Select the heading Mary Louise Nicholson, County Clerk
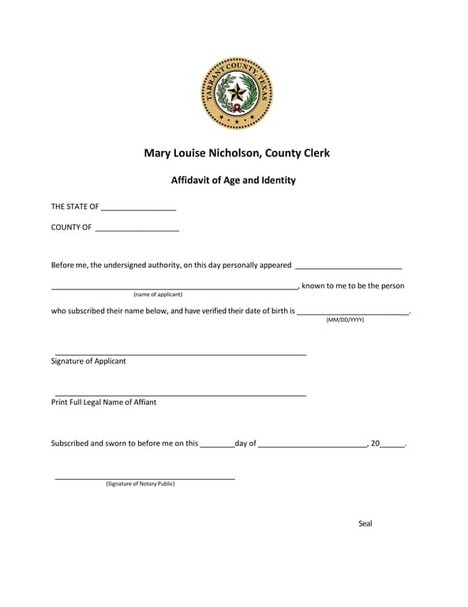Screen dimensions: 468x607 [x=237, y=153]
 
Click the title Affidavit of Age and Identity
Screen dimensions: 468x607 [x=234, y=180]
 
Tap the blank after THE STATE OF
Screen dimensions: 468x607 [x=138, y=209]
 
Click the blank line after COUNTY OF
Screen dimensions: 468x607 [x=137, y=229]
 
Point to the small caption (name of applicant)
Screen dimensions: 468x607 [x=158, y=294]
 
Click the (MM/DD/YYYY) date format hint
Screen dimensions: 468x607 [x=345, y=319]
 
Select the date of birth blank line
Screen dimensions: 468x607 [x=353, y=314]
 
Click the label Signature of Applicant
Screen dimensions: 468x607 [x=88, y=361]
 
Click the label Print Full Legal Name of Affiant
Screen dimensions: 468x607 [x=103, y=402]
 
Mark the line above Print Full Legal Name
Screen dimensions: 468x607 [x=180, y=394]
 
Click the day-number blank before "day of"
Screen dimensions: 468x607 [x=217, y=446]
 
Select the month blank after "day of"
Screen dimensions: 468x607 [x=312, y=446]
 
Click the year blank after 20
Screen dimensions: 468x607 [x=392, y=446]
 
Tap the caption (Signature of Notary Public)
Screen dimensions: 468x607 [x=140, y=484]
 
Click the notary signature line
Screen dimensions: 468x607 [x=144, y=478]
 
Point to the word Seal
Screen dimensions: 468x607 [x=365, y=524]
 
